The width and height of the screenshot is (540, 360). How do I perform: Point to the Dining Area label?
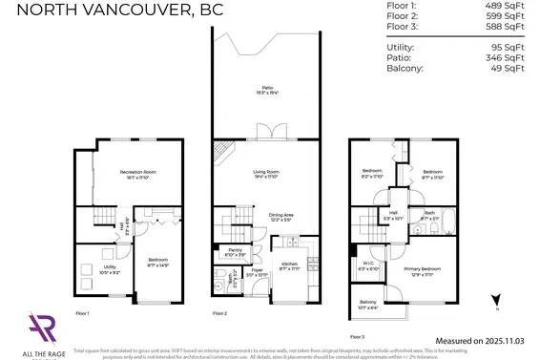280,218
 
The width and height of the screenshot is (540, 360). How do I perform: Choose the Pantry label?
235,252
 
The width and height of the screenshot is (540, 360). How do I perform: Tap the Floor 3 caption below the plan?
357,336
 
